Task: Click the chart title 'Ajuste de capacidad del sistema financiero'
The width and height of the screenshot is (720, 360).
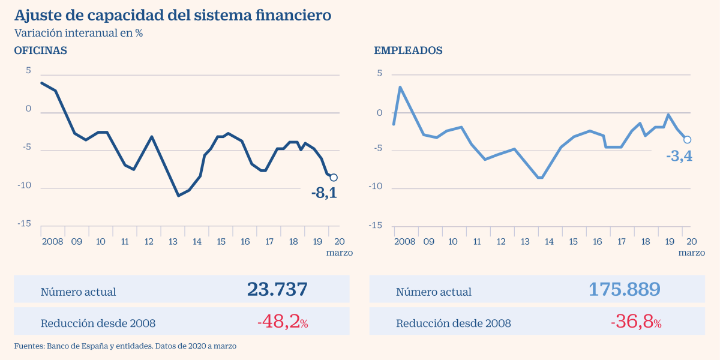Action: coord(172,16)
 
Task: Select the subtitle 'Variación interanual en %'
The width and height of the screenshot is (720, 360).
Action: coord(78,34)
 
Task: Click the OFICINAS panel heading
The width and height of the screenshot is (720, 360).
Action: coord(40,51)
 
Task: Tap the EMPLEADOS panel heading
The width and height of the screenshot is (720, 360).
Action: coord(408,51)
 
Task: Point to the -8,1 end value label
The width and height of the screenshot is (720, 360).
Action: coord(324,193)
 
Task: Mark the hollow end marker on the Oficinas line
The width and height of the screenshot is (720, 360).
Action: coord(334,178)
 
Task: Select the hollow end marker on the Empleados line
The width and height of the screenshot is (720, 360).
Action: coord(687,140)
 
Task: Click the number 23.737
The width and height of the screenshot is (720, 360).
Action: coord(277,289)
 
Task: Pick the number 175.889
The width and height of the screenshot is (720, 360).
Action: coord(625,289)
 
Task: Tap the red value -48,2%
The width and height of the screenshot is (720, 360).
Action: coord(283,322)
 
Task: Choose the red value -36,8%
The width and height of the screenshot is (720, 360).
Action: coord(636,322)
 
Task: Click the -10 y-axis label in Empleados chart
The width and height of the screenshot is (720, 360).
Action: coord(375,187)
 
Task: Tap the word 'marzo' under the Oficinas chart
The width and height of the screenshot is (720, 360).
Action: coord(340,253)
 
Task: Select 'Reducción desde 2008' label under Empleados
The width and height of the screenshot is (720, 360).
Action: coord(453,323)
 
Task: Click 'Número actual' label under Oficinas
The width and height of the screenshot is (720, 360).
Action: coord(78,292)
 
